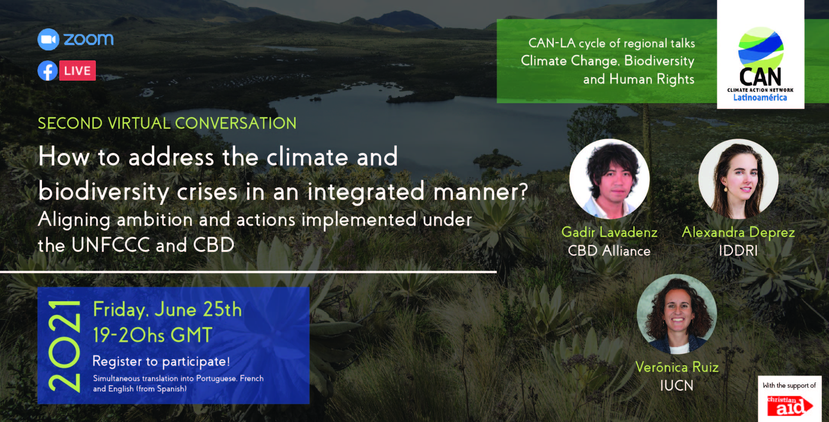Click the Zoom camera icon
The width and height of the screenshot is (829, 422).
(x=48, y=39)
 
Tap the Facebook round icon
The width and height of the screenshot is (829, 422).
(x=48, y=71)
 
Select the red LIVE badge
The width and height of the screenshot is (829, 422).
(x=78, y=71)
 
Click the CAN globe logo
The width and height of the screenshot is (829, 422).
(x=761, y=47)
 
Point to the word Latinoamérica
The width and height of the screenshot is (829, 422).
(x=760, y=98)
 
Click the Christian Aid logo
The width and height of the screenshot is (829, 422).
(x=790, y=406)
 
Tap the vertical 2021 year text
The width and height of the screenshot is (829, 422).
(x=64, y=346)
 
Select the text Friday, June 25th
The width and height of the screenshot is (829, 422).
(x=167, y=310)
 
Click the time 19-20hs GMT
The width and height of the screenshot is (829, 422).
(x=153, y=335)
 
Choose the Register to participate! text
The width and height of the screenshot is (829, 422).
(x=161, y=362)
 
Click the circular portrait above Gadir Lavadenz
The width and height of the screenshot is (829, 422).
(x=609, y=179)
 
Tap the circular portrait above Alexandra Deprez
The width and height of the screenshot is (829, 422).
(x=739, y=179)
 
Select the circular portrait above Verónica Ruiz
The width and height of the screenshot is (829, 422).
(x=677, y=314)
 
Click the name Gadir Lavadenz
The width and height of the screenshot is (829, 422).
(x=609, y=232)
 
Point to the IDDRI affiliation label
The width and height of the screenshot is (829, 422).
(x=739, y=251)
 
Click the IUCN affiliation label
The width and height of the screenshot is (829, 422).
(x=677, y=386)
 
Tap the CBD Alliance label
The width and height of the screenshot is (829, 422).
(x=609, y=251)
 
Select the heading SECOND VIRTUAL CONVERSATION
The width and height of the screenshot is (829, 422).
(x=167, y=123)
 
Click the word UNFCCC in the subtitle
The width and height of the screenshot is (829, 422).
(x=111, y=245)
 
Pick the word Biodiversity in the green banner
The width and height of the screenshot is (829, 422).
(x=659, y=61)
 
